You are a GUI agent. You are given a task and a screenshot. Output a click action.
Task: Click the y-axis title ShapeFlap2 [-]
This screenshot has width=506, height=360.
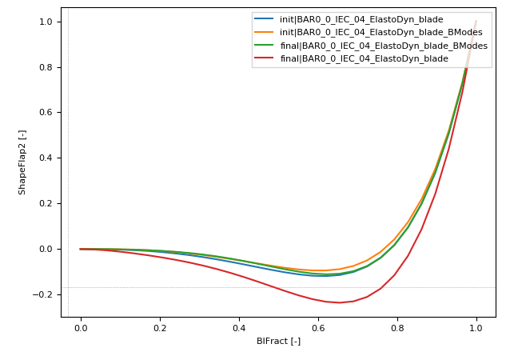tap(22, 162)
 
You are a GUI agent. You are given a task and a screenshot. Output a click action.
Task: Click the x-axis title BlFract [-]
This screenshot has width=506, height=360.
tap(278, 341)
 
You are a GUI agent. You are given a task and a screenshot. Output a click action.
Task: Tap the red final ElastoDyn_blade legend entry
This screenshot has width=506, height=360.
tap(364, 58)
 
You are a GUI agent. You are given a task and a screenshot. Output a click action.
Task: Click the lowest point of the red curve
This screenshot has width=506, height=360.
tap(339, 302)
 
